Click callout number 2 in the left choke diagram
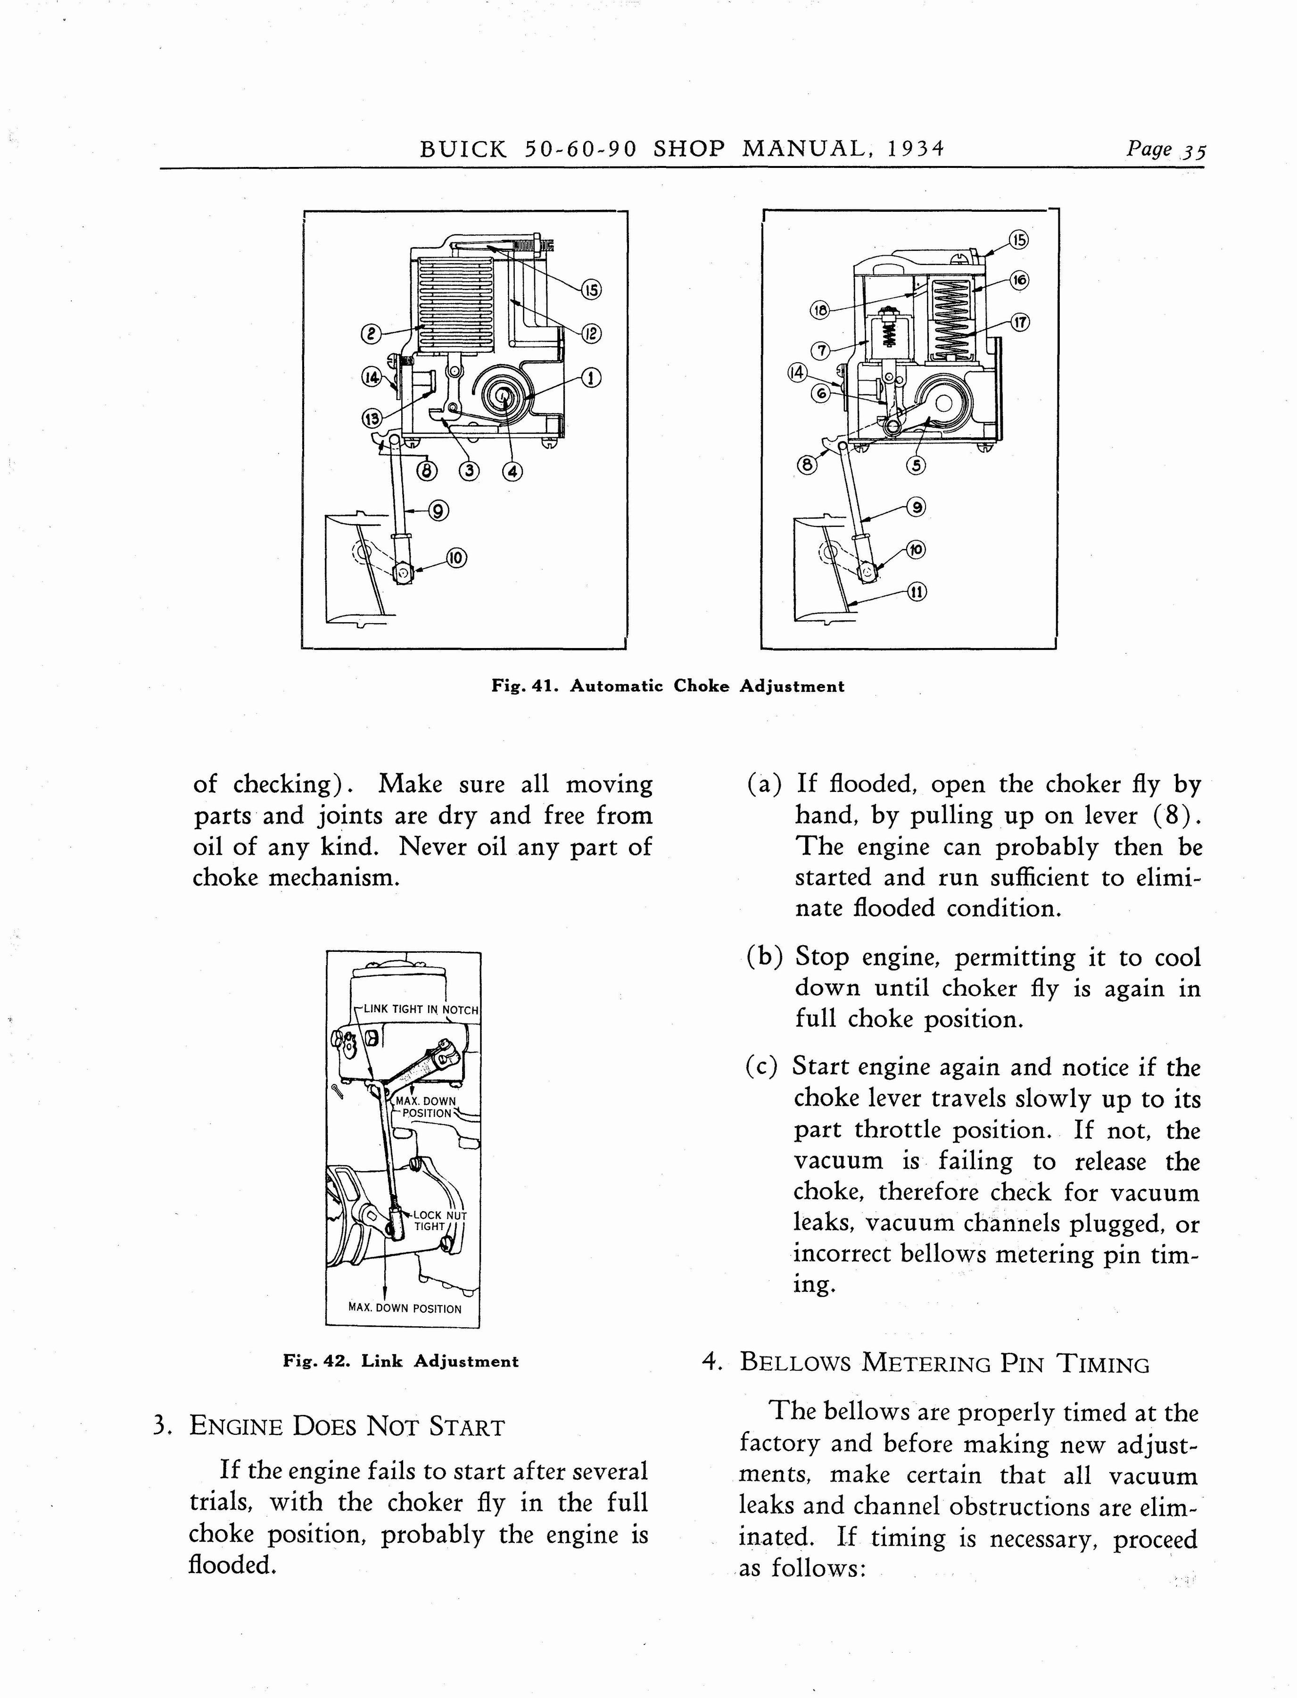(372, 333)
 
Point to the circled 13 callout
(372, 418)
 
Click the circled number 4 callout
(512, 470)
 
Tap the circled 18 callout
(819, 310)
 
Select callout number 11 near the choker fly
(917, 591)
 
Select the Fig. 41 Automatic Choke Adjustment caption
(668, 686)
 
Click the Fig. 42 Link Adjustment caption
(401, 1361)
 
